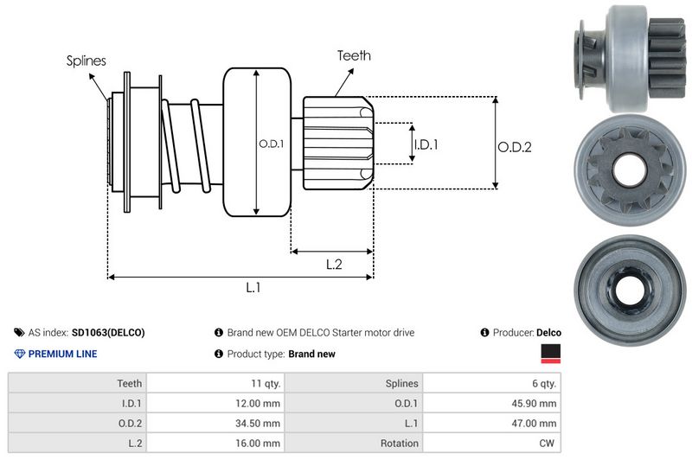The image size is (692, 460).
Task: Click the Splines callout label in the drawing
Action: click(86, 61)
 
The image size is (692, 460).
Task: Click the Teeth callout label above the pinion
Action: click(354, 55)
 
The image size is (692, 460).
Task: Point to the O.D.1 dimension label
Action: click(271, 144)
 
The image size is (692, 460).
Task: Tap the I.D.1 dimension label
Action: click(426, 144)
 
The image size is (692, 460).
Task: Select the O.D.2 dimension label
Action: click(514, 147)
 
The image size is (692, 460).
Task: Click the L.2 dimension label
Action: click(335, 265)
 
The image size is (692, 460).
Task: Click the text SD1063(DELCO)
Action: click(108, 332)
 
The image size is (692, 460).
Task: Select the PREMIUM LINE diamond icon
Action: click(20, 354)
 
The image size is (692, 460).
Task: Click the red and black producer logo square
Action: click(550, 354)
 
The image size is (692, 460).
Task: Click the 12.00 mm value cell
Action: click(259, 403)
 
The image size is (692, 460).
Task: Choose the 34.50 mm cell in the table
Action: click(259, 423)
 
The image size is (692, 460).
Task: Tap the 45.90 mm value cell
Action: click(535, 403)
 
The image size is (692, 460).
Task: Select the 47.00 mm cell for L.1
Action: click(535, 423)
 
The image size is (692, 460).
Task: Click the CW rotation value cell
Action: click(548, 443)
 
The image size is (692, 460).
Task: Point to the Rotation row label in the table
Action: click(400, 443)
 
